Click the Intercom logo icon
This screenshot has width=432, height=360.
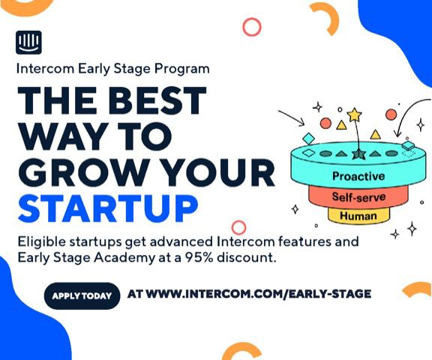point(28,43)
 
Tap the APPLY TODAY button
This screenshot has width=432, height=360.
point(82,295)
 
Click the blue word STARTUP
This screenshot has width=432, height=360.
point(108,208)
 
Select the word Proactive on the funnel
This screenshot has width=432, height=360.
point(358,176)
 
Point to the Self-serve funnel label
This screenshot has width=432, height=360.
point(358,197)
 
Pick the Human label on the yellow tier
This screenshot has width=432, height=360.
point(358,216)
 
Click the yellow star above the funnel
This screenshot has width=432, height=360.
point(354,115)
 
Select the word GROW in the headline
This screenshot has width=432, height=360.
point(84,172)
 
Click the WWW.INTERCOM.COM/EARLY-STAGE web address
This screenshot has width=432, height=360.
point(259,294)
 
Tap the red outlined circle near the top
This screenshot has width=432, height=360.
point(252,27)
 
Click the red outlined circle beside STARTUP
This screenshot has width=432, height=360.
point(238,227)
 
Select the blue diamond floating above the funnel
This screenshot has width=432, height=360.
point(308,139)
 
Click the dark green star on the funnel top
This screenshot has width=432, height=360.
point(359,154)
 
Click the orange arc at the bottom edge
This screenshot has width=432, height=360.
point(241,349)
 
